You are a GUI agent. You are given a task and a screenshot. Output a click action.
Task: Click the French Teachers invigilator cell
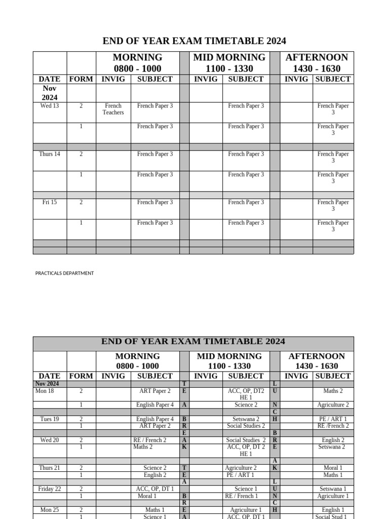pyautogui.click(x=113, y=109)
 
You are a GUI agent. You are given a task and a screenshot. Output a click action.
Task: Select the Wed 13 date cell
pyautogui.click(x=50, y=106)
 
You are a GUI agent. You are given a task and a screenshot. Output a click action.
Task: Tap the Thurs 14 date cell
pyautogui.click(x=50, y=154)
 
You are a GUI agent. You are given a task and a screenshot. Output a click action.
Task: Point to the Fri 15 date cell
pyautogui.click(x=50, y=202)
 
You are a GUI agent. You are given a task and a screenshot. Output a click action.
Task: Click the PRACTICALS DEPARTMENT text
pyautogui.click(x=64, y=273)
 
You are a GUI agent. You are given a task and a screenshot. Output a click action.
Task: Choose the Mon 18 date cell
pyautogui.click(x=44, y=391)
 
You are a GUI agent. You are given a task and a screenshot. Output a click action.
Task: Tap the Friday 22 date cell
pyautogui.click(x=50, y=489)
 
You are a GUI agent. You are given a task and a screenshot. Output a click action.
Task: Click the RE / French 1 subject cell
pyautogui.click(x=241, y=496)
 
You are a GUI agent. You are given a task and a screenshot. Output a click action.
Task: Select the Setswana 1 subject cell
pyautogui.click(x=333, y=489)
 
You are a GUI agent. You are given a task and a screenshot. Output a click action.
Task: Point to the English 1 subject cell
pyautogui.click(x=333, y=509)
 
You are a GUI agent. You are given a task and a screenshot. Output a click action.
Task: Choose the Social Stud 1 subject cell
pyautogui.click(x=331, y=516)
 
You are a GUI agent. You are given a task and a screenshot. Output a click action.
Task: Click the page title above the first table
pyautogui.click(x=194, y=41)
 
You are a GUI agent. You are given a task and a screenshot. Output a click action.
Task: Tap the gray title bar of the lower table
pyautogui.click(x=193, y=342)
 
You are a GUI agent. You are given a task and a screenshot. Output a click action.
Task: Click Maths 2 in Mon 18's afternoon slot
pyautogui.click(x=333, y=391)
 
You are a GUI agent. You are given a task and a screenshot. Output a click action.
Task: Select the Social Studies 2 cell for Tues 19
pyautogui.click(x=246, y=426)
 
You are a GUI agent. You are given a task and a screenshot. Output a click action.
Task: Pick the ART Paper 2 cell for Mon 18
pyautogui.click(x=154, y=391)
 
